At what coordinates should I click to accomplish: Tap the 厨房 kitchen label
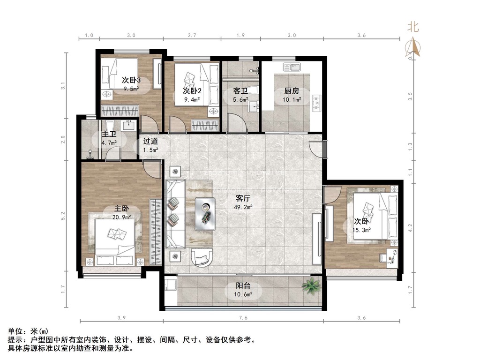[291, 91]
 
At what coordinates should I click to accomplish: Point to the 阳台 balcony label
[242, 285]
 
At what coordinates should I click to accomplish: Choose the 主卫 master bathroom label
[109, 135]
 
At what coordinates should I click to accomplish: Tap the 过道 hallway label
[150, 141]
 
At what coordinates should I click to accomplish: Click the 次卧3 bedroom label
[132, 80]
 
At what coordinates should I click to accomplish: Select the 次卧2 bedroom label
[192, 90]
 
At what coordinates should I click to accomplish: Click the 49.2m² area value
[243, 207]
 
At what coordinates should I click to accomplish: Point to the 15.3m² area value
[362, 230]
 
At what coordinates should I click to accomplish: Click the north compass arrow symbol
[413, 46]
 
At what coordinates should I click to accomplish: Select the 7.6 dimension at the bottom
[243, 318]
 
